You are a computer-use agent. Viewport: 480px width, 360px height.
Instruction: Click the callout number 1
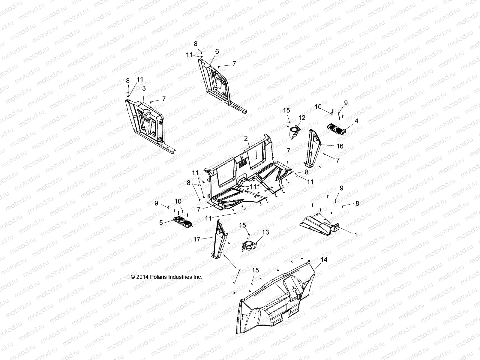(356, 235)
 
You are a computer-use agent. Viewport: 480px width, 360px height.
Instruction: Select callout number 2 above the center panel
(246, 138)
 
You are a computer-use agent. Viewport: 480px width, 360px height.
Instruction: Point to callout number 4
(348, 121)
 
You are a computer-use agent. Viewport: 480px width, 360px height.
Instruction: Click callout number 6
(217, 52)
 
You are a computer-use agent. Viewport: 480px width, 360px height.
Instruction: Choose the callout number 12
(302, 118)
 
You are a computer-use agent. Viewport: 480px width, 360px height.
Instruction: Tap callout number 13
(265, 232)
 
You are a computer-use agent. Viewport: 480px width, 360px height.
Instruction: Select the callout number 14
(324, 259)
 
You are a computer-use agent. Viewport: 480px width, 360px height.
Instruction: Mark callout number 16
(340, 146)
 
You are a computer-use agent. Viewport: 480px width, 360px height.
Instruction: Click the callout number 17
(197, 239)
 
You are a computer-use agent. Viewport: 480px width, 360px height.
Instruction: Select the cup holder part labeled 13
(249, 246)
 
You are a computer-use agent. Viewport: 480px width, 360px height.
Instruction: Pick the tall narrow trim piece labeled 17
(218, 240)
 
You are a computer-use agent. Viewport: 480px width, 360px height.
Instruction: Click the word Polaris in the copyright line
(160, 277)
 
